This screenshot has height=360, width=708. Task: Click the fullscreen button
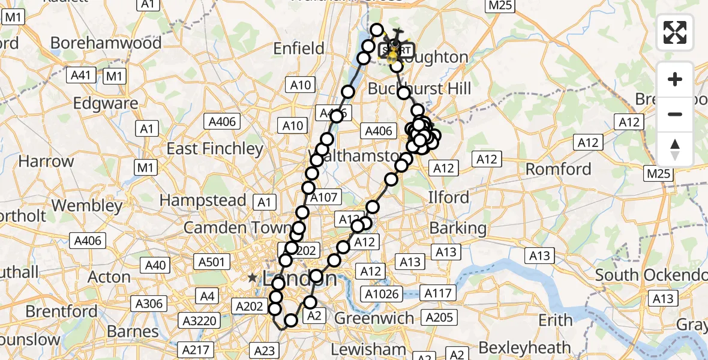click(x=675, y=32)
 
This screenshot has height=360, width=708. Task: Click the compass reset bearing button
click(x=675, y=149)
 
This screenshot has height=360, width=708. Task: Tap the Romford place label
click(x=558, y=169)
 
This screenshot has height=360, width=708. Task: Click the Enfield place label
click(x=298, y=48)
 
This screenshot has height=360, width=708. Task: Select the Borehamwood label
click(x=106, y=43)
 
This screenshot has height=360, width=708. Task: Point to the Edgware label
click(x=106, y=103)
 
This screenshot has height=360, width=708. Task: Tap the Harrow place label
click(x=46, y=161)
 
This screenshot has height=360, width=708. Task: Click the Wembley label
click(x=86, y=205)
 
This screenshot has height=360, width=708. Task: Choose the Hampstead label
click(x=202, y=200)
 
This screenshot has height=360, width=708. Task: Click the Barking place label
click(x=458, y=228)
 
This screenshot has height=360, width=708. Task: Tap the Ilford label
click(x=448, y=197)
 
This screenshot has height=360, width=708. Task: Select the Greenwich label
click(x=374, y=318)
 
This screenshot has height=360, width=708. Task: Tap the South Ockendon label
click(x=651, y=275)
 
